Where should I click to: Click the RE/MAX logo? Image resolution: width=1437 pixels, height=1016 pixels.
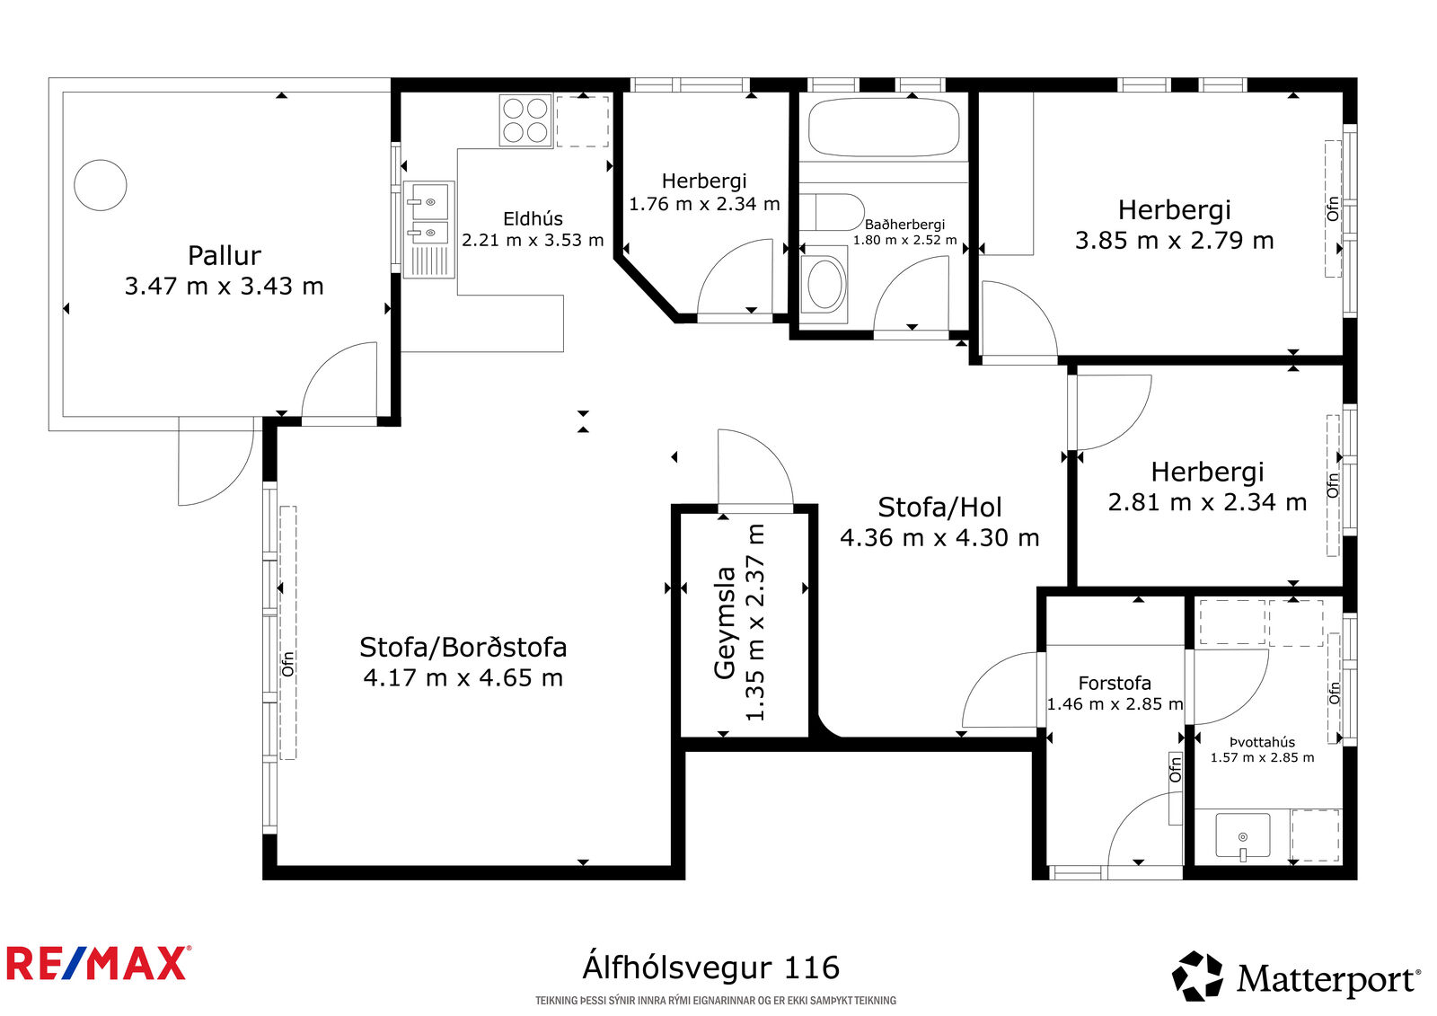coord(99,963)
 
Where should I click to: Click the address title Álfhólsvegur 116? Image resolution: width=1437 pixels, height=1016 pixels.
coord(710,967)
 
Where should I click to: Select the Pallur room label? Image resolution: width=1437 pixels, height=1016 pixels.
coord(224,255)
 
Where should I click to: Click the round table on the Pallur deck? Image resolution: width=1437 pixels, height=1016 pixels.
coord(100,185)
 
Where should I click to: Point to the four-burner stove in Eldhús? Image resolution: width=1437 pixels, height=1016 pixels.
coord(525,120)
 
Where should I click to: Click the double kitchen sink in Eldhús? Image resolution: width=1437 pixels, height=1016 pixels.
coord(428,229)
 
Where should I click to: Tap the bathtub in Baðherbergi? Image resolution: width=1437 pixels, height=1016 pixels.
coord(884,127)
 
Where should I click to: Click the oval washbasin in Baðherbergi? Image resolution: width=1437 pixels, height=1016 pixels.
coord(825,284)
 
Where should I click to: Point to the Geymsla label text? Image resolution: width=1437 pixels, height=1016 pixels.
coord(725,623)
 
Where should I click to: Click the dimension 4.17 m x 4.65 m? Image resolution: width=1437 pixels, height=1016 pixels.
coord(463,677)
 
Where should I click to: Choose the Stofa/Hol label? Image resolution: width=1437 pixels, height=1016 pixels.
coord(939,507)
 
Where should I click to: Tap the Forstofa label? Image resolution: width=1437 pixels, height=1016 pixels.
coord(1115,683)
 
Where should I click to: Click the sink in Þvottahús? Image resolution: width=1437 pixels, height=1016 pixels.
coord(1243,835)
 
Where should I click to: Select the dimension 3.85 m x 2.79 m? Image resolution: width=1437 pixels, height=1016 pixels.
coord(1174,241)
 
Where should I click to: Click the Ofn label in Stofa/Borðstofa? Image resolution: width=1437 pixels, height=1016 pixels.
coord(288,664)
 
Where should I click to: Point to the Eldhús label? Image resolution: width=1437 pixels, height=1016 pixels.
coord(533,219)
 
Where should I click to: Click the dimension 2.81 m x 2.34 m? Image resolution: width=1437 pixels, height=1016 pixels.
coord(1207,502)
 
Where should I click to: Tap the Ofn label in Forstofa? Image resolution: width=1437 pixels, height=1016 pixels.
coord(1176,769)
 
